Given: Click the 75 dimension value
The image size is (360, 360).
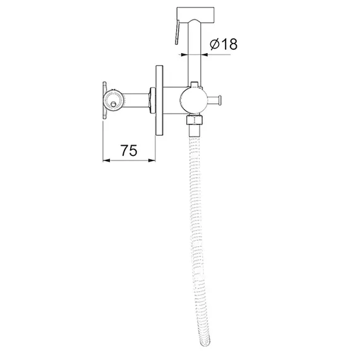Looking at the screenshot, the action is coord(129,150).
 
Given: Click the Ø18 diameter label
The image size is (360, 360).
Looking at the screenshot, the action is coord(224,44).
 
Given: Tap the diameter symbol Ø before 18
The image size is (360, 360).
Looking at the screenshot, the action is coord(215,44).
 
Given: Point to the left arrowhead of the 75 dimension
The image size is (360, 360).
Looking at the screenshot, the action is coord(106,160).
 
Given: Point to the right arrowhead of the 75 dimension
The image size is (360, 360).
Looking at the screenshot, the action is coord(152,160).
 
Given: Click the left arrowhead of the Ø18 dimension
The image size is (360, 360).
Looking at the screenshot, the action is coord(184,55).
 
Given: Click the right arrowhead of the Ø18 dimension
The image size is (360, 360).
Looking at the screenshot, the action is coord(205,55).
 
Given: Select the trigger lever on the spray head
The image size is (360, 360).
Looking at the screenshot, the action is coord(177,32).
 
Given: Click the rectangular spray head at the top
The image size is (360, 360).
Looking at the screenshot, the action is coord(195,16).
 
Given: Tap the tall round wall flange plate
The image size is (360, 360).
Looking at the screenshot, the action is coord(159,101).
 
